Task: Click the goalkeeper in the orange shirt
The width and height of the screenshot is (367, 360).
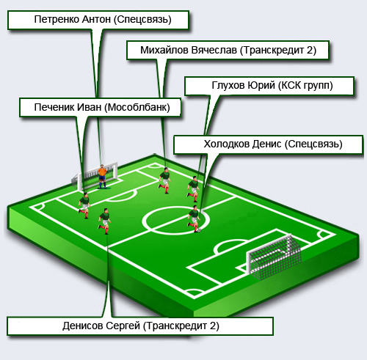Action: point(102,177)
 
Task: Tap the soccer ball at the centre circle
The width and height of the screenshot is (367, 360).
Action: point(199,230)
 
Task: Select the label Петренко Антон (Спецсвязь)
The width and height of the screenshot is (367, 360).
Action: point(103,19)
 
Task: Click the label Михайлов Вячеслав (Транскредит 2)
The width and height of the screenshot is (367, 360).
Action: point(228,50)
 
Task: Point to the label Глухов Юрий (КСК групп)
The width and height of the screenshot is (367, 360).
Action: point(272,85)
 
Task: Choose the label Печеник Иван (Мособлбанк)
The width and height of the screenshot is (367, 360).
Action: point(102,107)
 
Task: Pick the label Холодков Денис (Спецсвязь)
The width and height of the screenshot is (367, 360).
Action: point(273,144)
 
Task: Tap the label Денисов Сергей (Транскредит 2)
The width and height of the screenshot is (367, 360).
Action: point(141,326)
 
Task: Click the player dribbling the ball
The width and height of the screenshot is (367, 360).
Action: point(194,218)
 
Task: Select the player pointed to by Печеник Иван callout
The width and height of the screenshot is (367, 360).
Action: point(84,205)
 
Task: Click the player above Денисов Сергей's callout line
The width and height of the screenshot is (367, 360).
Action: point(105,221)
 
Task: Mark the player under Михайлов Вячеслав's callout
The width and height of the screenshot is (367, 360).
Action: point(165,180)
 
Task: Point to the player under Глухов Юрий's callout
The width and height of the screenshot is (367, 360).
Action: point(194,189)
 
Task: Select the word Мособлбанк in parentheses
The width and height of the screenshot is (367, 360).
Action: point(137,107)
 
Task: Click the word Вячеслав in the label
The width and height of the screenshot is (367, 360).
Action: point(214,50)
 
